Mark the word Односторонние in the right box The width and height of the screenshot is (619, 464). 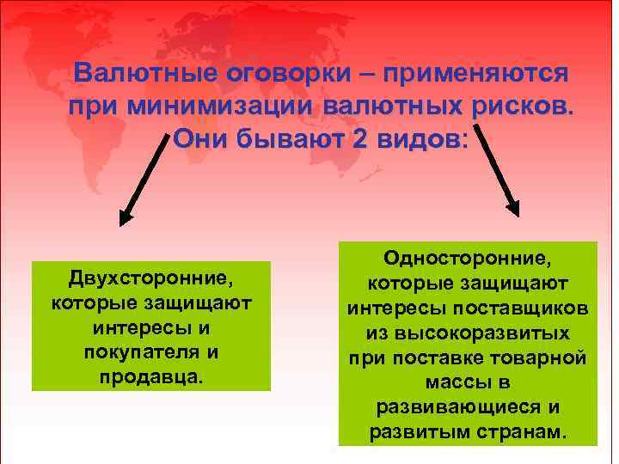click(468, 257)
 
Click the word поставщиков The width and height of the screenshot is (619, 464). click(531, 307)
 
